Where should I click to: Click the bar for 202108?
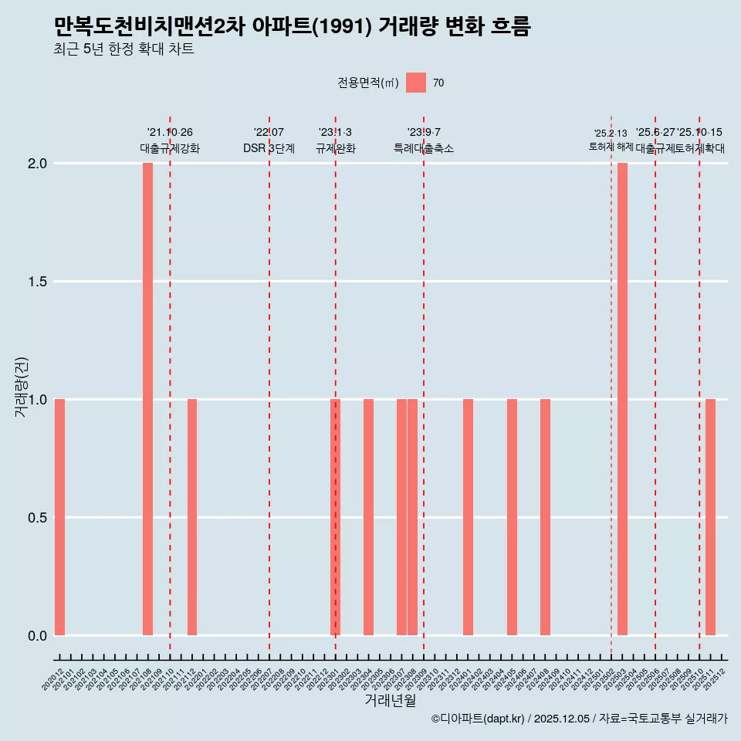click(x=147, y=399)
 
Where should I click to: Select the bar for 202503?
click(x=622, y=399)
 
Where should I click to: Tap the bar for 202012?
click(x=59, y=517)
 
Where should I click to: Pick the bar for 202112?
click(x=192, y=517)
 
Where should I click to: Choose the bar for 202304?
click(x=368, y=517)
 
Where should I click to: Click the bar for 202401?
click(x=468, y=517)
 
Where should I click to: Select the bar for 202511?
click(x=710, y=517)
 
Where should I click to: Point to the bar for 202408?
click(x=545, y=517)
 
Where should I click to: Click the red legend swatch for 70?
click(x=416, y=83)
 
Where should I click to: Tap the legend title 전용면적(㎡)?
click(x=367, y=83)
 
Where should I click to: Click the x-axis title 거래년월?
click(x=391, y=700)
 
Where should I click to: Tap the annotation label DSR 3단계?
click(x=269, y=148)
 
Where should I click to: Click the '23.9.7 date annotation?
click(x=424, y=132)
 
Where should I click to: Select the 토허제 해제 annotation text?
click(x=611, y=146)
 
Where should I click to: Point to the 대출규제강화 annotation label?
click(x=170, y=148)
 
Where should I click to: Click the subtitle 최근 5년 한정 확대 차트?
click(x=123, y=49)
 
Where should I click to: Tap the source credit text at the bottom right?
click(x=579, y=719)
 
